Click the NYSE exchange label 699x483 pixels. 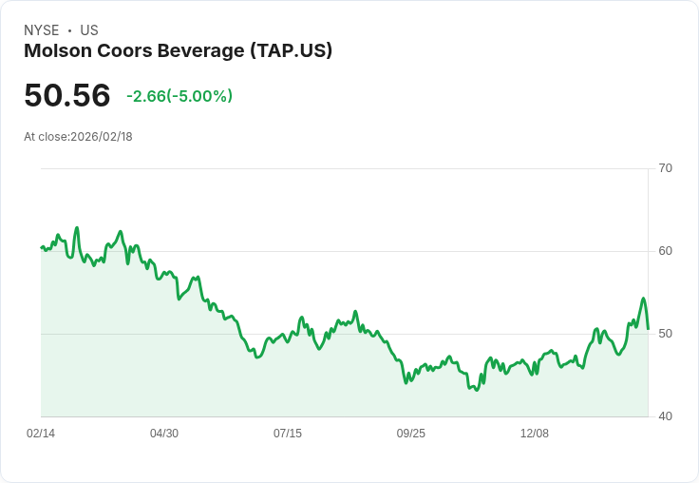tap(41, 30)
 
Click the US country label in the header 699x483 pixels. tap(89, 30)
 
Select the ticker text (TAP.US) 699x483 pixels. tap(291, 51)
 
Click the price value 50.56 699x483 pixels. tap(67, 95)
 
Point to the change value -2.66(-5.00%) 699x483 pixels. tap(179, 96)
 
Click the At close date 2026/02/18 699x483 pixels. tap(102, 137)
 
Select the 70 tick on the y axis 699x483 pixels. tap(665, 168)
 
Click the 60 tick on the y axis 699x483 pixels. tap(665, 251)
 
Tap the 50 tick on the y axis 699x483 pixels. tap(665, 334)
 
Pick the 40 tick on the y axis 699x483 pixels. tap(665, 416)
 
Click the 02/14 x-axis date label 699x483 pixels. tap(41, 434)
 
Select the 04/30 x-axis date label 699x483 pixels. tap(164, 434)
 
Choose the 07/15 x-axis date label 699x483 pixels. tap(288, 434)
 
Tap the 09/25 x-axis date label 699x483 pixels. tap(411, 434)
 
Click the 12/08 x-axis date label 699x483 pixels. tap(535, 434)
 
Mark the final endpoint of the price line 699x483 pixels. tap(648, 329)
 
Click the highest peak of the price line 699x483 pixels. tap(77, 228)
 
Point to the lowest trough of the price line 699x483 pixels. tap(476, 390)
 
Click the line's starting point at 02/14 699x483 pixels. tap(42, 247)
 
